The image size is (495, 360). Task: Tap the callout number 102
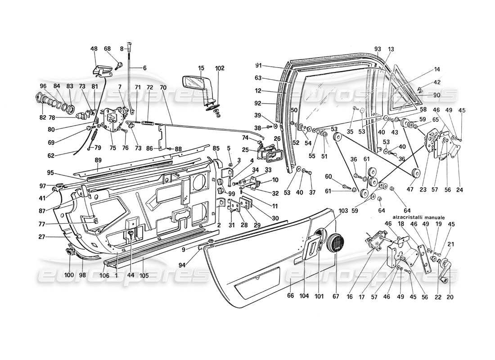point(219,69)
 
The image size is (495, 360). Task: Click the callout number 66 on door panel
point(291,296)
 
